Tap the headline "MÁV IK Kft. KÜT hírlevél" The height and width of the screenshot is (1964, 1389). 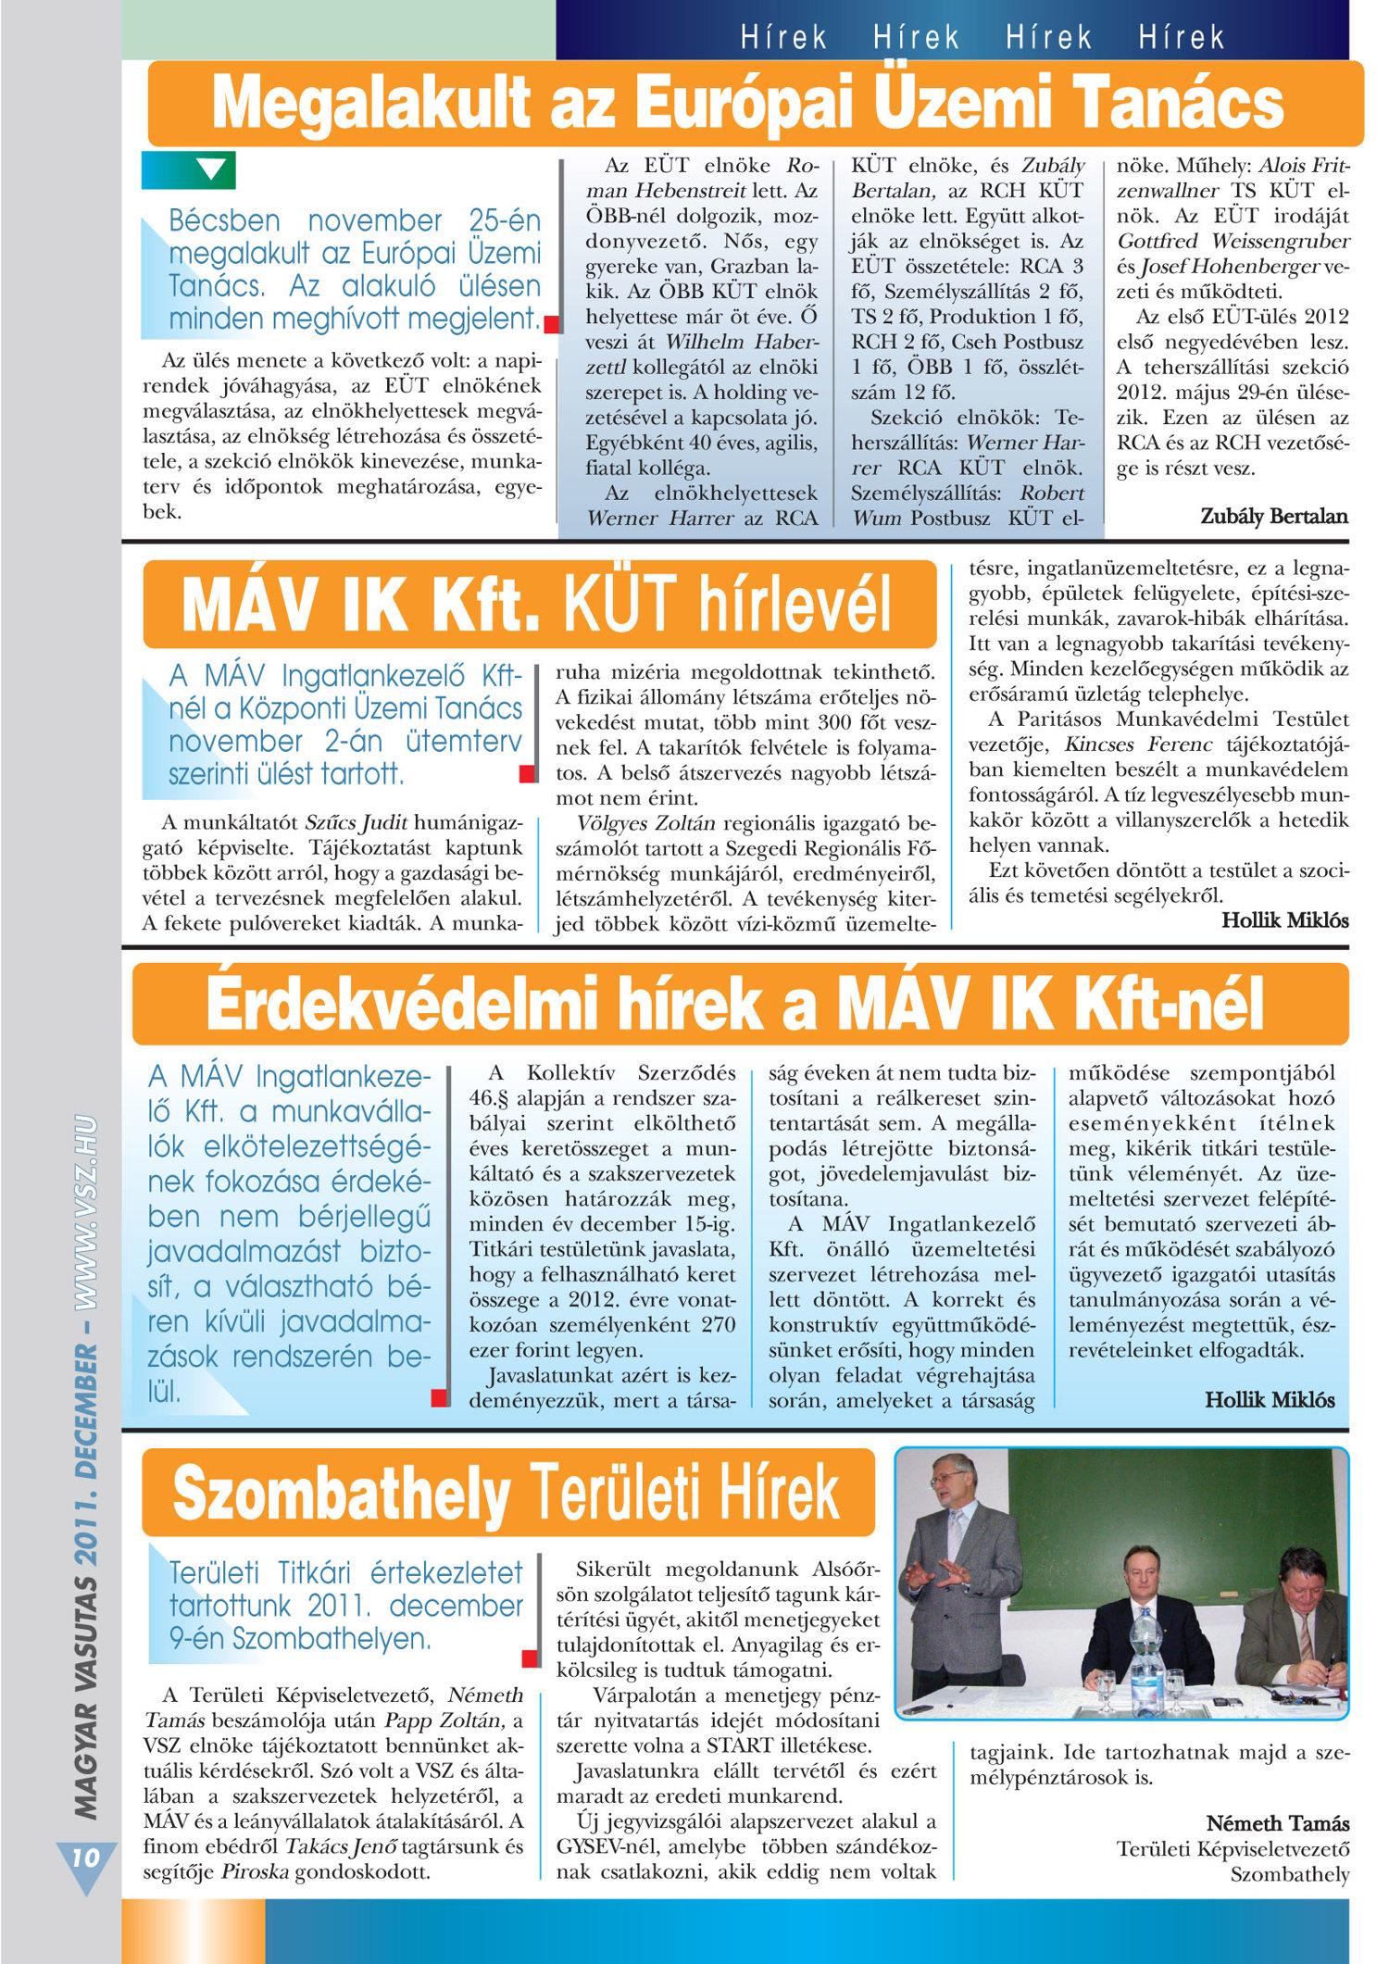coord(537,604)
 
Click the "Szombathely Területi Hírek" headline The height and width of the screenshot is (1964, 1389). coord(507,1493)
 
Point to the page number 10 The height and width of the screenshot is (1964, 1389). coord(84,1857)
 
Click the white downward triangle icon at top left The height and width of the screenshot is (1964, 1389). coord(211,169)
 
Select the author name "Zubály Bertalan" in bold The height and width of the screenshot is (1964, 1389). coord(1273,516)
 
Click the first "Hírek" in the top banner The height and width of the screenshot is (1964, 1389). coord(783,38)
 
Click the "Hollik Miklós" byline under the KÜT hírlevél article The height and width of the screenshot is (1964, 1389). coord(1284,919)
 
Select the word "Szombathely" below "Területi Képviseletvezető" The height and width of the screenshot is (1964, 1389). coord(1289,1874)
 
